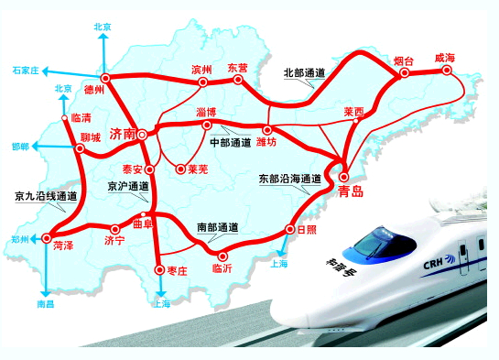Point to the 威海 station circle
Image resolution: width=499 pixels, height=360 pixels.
coord(447,71)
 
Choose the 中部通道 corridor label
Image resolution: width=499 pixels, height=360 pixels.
coord(230,145)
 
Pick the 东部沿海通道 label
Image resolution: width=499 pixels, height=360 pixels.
coord(289,178)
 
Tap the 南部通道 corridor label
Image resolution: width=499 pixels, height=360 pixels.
coord(218,225)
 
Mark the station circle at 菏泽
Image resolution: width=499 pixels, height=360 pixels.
coord(47,238)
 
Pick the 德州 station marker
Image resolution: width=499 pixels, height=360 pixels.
coord(105,78)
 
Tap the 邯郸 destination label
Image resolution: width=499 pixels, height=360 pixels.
coord(21,147)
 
